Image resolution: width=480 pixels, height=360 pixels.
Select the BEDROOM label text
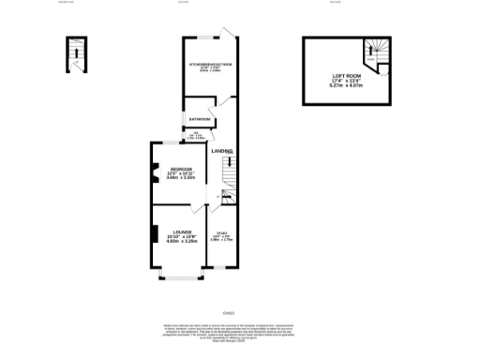coord(181,168)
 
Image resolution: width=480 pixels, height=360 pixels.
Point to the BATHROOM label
coord(199,120)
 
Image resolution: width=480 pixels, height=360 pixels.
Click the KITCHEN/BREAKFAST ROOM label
coord(210,65)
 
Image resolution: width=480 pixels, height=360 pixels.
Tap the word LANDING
coord(221,151)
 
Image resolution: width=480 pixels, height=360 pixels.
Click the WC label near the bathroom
coord(197,136)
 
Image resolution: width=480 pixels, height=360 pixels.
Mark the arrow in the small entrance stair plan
coord(74,53)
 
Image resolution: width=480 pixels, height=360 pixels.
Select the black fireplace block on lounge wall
coord(154,233)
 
